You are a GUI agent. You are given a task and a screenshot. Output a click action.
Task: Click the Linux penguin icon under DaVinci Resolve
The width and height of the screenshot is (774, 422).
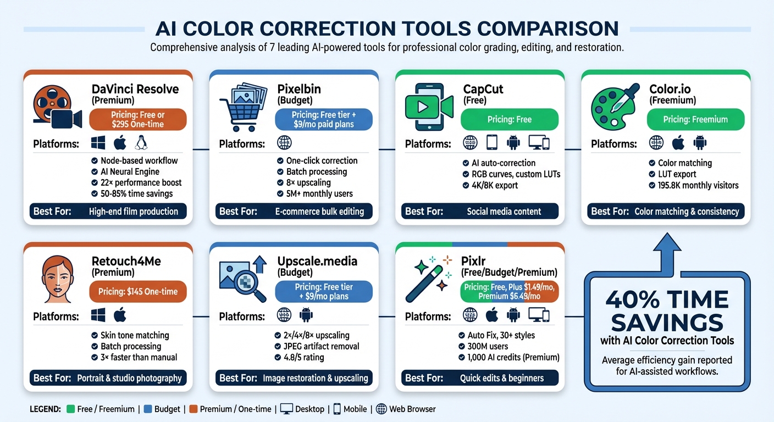[x=141, y=143]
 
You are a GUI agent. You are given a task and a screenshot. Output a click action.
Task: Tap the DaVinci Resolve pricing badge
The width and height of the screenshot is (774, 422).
[x=137, y=119]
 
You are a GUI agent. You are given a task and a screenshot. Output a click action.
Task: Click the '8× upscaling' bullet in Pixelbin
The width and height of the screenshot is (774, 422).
[x=308, y=182]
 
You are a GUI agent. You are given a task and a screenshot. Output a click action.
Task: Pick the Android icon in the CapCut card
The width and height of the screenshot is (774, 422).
[x=513, y=143]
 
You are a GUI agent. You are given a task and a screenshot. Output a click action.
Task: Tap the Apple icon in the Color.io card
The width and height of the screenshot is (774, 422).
[x=678, y=143]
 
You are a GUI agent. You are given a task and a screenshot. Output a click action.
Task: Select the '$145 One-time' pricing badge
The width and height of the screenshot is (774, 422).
[x=137, y=291]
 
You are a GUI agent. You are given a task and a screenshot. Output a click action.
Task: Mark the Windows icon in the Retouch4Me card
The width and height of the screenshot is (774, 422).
[x=98, y=315]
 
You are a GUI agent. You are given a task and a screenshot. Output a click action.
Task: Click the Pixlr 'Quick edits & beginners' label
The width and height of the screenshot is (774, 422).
[x=502, y=378]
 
